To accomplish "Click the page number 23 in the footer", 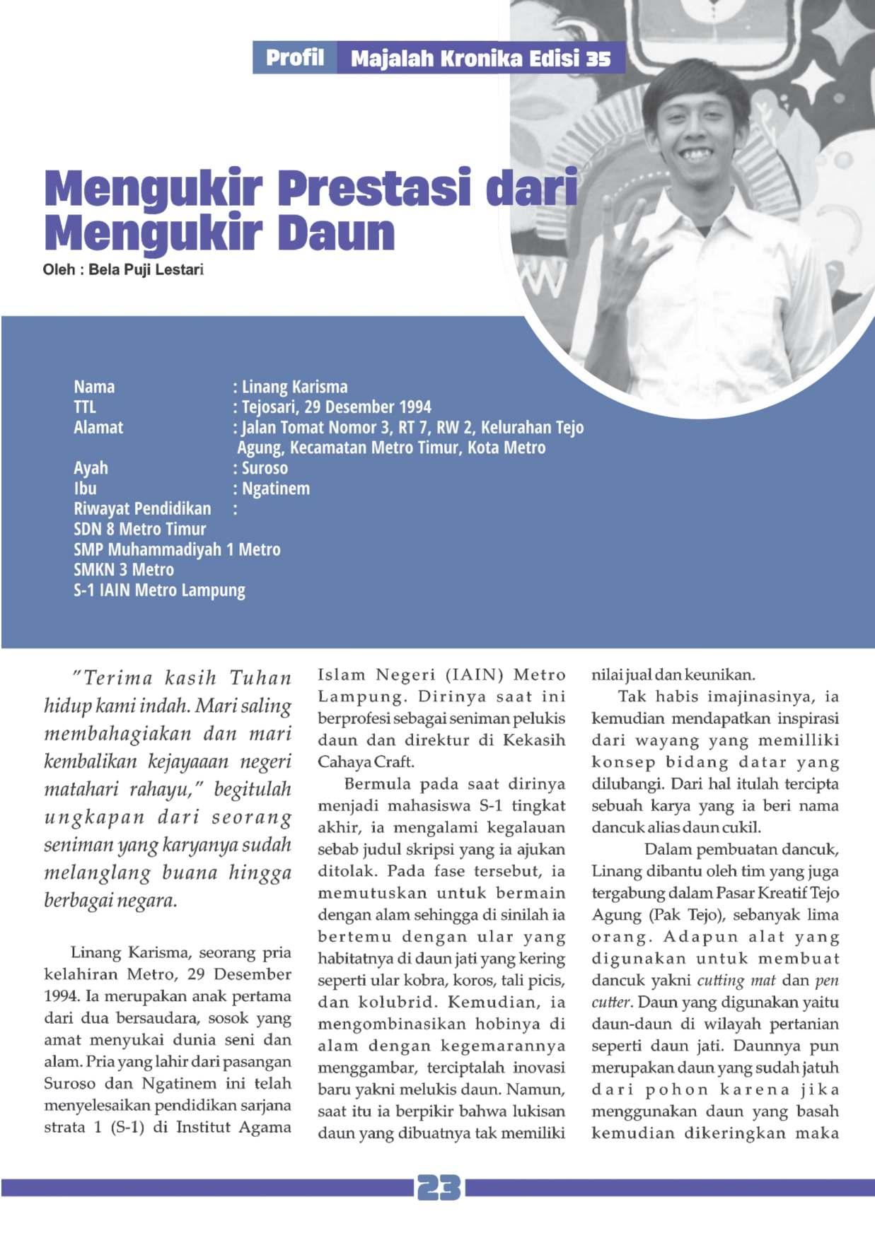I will pos(439,1188).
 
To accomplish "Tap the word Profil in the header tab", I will pos(295,58).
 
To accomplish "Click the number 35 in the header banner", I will pos(598,59).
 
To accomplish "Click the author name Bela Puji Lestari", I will pos(146,269).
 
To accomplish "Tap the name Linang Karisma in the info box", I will pos(294,387).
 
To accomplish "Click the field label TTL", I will pos(84,407).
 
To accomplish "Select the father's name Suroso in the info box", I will pos(265,468).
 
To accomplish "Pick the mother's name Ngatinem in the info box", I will pos(276,489).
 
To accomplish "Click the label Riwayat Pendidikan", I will pos(142,509).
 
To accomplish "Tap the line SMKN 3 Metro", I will pos(124,570).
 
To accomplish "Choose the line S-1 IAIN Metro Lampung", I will pos(159,590).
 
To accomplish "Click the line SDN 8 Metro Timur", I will pos(139,529).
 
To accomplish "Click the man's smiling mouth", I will pos(697,153).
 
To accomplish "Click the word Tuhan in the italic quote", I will pos(260,678).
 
